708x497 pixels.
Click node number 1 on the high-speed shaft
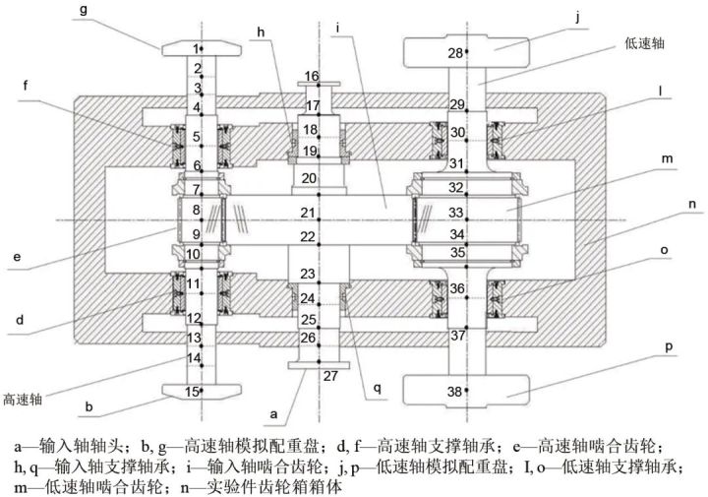tap(197, 47)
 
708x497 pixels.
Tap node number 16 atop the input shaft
tap(312, 76)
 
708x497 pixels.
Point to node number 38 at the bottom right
tap(455, 392)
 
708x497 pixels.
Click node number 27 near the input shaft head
tap(328, 374)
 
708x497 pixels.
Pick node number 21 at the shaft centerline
tap(309, 212)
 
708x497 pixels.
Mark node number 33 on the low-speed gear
tap(455, 212)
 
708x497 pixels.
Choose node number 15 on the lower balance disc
tap(193, 392)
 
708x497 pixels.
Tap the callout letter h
tap(262, 33)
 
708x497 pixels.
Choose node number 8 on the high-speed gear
tap(196, 210)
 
